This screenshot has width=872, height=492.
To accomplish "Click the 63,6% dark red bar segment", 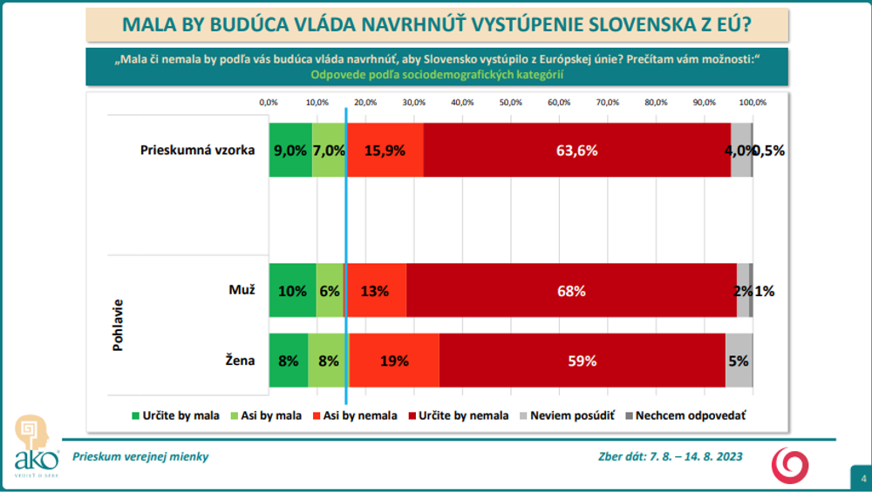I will [576, 150].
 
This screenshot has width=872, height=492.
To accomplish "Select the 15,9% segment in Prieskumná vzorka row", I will [385, 150].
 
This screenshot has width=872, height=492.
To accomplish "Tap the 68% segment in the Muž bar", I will [571, 291].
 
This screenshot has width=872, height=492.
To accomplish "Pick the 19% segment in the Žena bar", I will [394, 361].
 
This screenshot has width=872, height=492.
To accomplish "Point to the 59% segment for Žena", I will [582, 361].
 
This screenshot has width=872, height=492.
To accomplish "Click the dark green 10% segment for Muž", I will [292, 291].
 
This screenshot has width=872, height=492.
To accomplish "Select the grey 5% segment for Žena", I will [739, 361].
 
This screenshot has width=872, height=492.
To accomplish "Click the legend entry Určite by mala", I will [175, 415].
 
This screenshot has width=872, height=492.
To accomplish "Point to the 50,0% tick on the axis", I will [511, 103].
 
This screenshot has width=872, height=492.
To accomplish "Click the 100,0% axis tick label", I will [752, 103].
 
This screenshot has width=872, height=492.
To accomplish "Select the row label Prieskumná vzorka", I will [197, 150].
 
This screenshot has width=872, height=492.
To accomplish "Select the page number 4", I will [862, 478].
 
